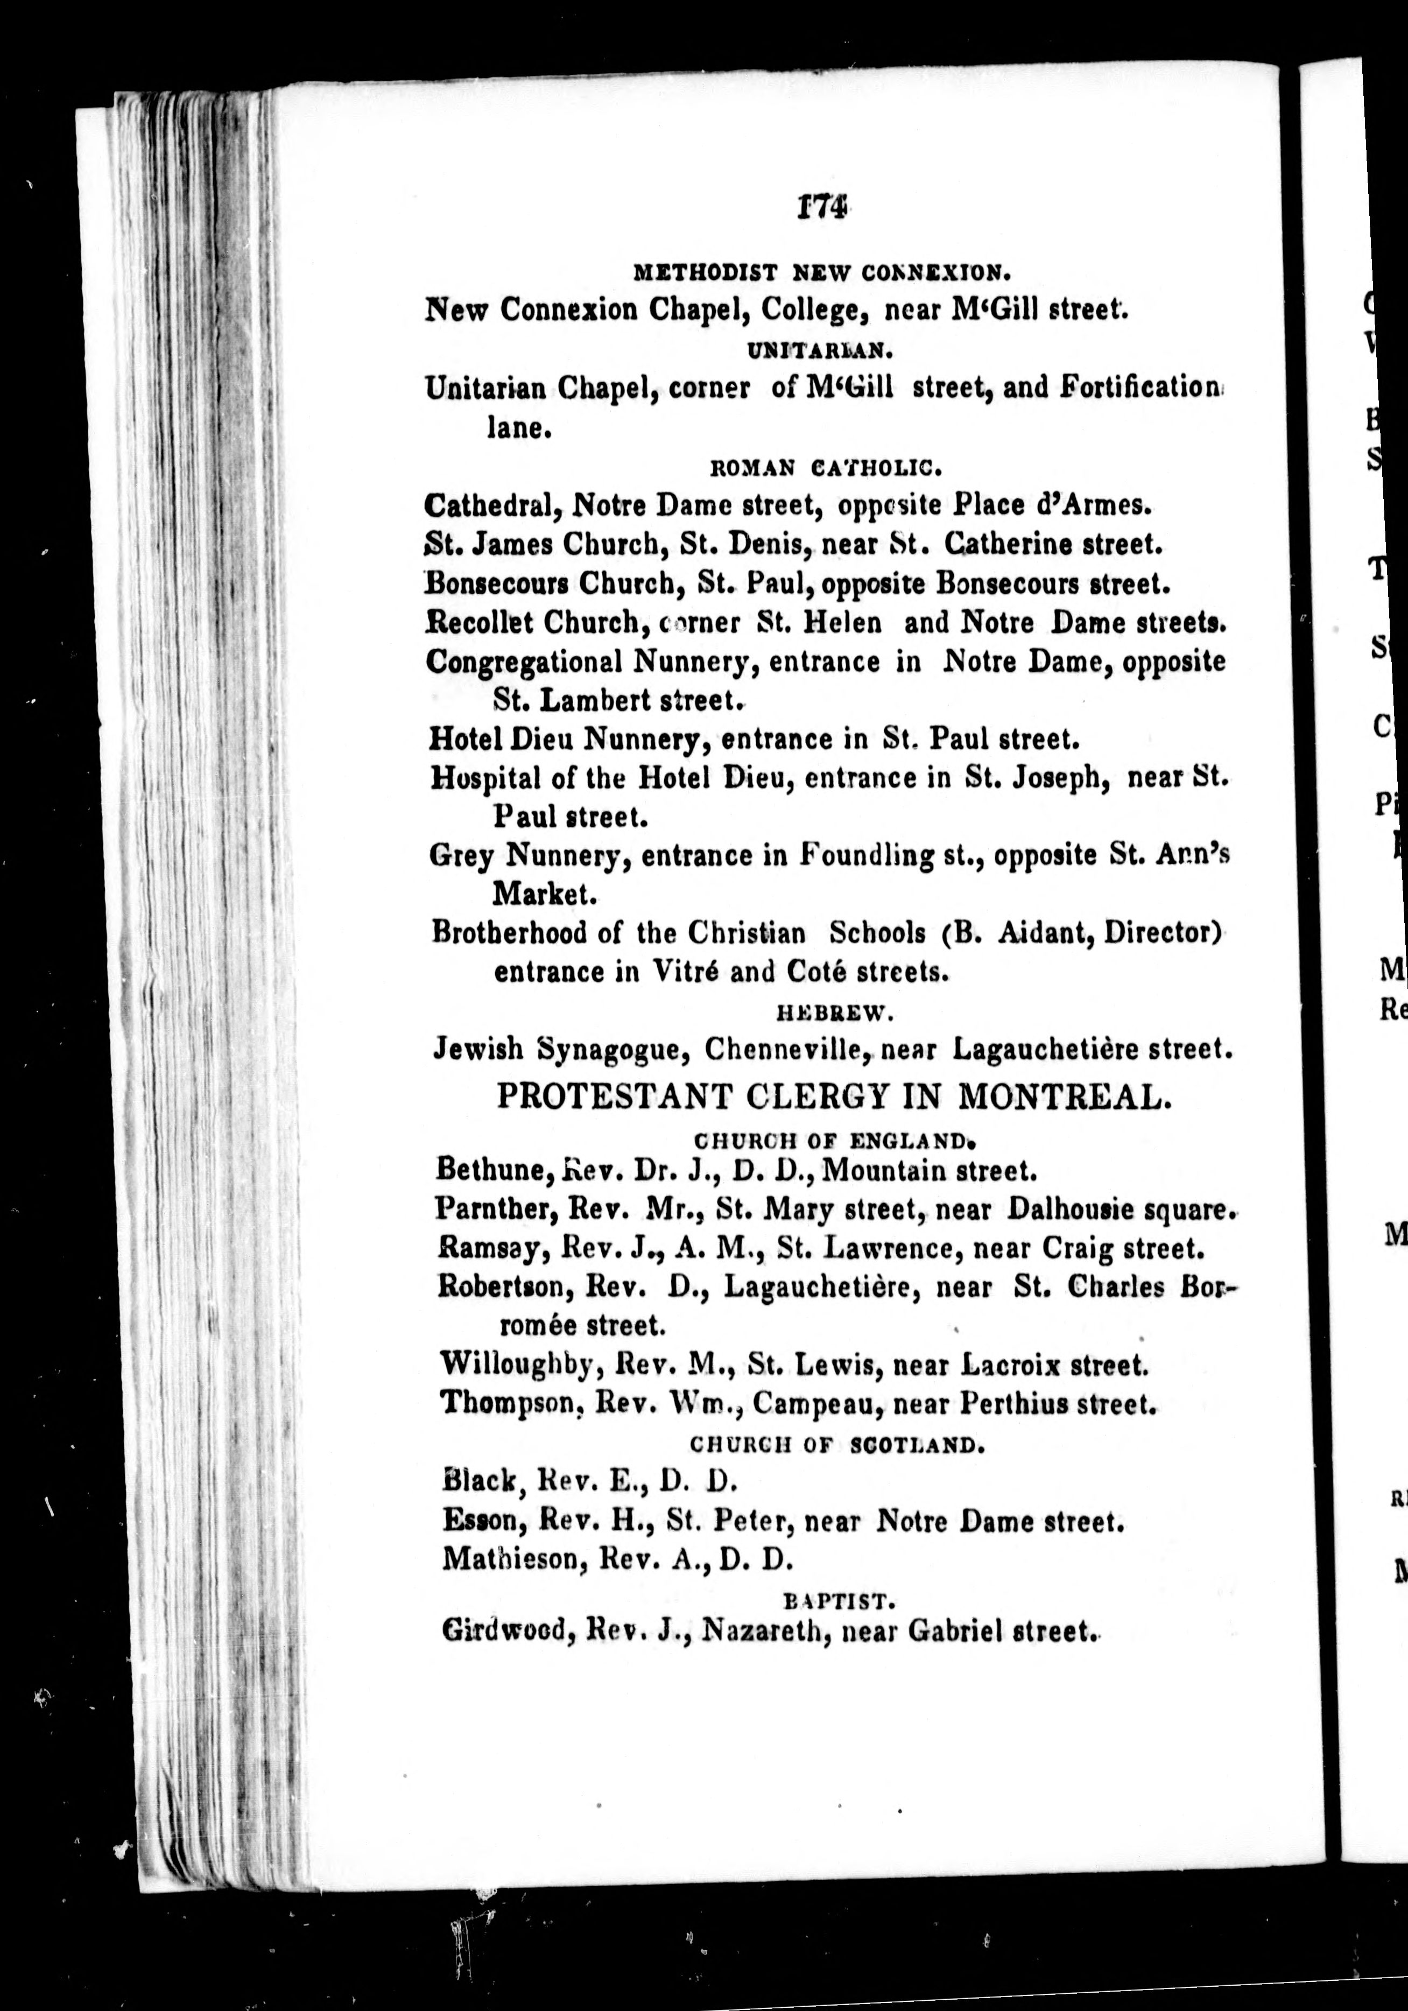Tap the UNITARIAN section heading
point(820,351)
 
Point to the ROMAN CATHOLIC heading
point(825,469)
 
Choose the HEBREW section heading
point(834,1014)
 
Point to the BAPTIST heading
point(838,1602)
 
